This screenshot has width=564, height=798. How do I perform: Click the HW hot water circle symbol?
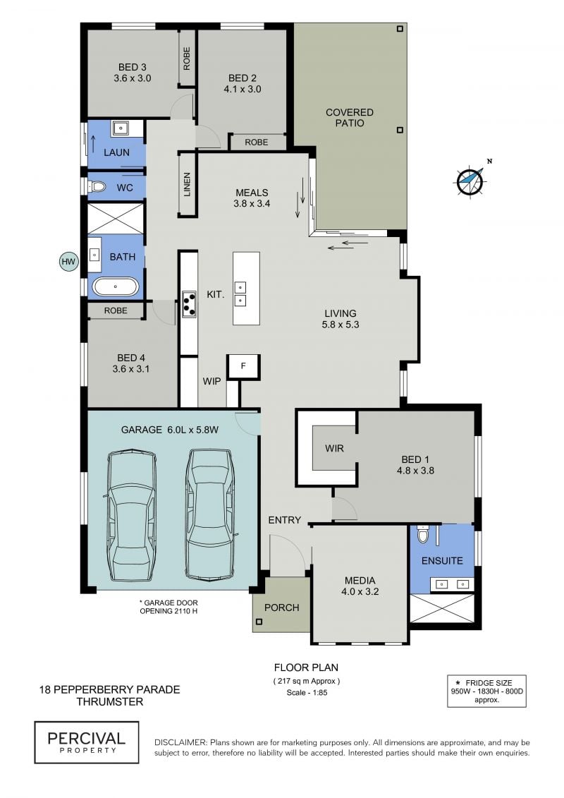click(x=68, y=262)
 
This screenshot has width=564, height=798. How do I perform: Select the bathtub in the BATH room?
click(x=116, y=287)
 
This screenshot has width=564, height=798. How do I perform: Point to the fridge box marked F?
click(x=243, y=367)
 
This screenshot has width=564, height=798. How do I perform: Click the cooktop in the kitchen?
click(x=189, y=304)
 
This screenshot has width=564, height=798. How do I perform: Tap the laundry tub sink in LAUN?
click(x=121, y=128)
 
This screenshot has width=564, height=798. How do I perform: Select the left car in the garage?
click(x=130, y=515)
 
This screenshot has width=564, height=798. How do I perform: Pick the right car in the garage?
click(x=211, y=514)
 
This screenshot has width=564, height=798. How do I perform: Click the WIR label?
click(x=334, y=448)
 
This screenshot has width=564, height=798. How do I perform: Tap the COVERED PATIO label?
click(x=350, y=118)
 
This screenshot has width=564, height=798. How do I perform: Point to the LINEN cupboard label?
click(x=187, y=184)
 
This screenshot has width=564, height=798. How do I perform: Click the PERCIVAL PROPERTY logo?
click(x=87, y=742)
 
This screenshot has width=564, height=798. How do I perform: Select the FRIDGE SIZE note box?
click(x=486, y=691)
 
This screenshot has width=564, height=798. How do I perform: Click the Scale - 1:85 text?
click(x=307, y=692)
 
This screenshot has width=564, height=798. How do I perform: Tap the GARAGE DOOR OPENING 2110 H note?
click(x=168, y=607)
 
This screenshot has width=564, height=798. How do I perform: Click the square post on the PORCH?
click(x=259, y=622)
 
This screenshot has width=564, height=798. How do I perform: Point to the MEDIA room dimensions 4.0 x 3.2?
click(x=360, y=591)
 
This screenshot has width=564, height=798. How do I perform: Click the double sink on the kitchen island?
click(x=240, y=294)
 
